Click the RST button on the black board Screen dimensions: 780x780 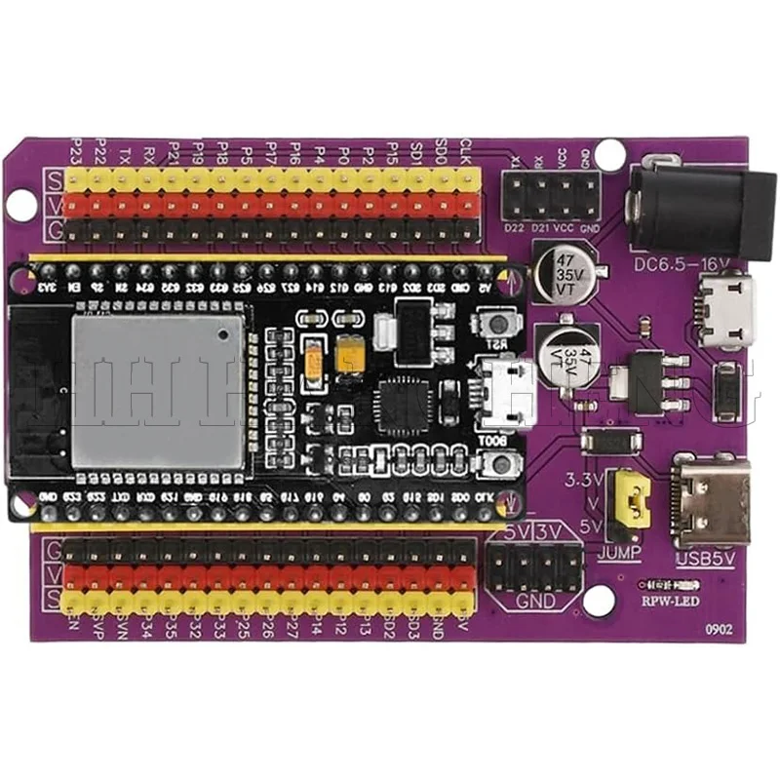pyautogui.click(x=500, y=325)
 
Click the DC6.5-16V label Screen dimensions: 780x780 pyautogui.click(x=680, y=264)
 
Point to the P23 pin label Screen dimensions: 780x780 pyautogui.click(x=78, y=151)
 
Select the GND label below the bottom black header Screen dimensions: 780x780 pyautogui.click(x=535, y=601)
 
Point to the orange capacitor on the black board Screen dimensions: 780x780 pyautogui.click(x=314, y=361)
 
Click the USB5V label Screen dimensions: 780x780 pyautogui.click(x=702, y=559)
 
